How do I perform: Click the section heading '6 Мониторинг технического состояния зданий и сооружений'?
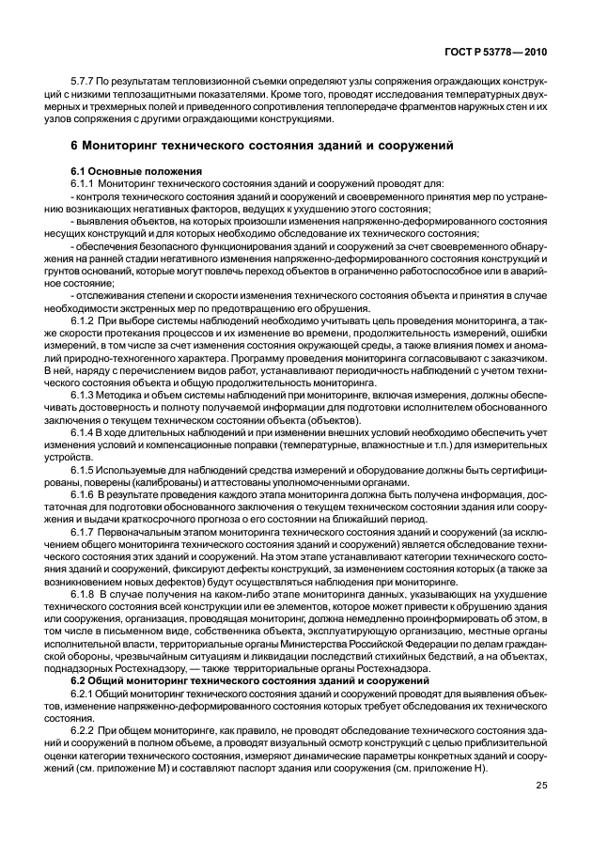[263, 147]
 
